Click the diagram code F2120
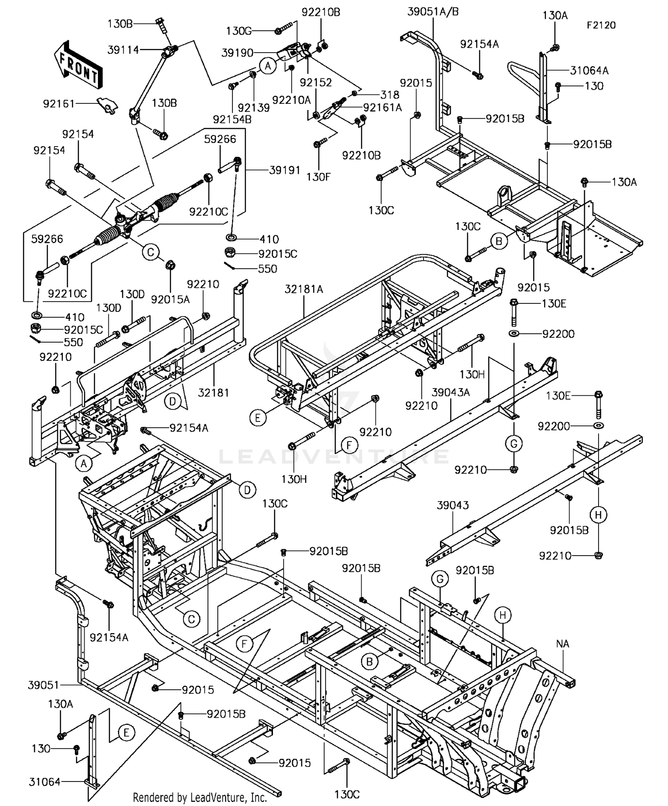point(601,25)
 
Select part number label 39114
point(123,50)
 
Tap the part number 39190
point(237,53)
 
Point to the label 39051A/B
point(433,12)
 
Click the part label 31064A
point(589,70)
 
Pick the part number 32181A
point(304,289)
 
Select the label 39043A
point(451,393)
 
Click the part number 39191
point(285,170)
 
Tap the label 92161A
point(383,107)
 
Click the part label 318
point(390,94)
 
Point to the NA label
point(562,644)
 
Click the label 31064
point(45,781)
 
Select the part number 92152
point(316,82)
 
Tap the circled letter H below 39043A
point(598,515)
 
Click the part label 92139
point(253,108)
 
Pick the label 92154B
point(232,119)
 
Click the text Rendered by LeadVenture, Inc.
point(200,797)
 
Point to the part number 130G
point(239,31)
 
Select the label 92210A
point(292,100)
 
